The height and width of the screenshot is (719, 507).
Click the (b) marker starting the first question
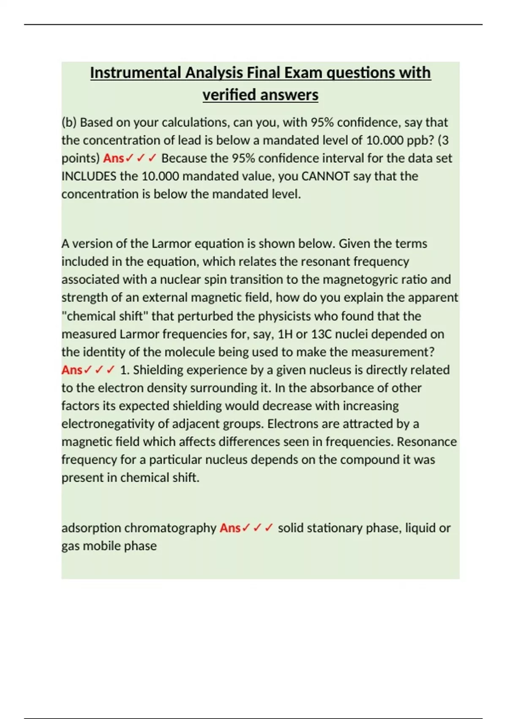pyautogui.click(x=69, y=122)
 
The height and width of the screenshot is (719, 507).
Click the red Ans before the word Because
pyautogui.click(x=113, y=158)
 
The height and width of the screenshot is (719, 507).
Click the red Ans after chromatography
pyautogui.click(x=230, y=528)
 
